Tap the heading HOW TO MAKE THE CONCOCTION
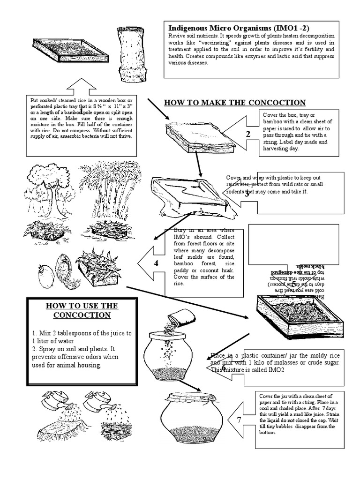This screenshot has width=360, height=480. pos(234,103)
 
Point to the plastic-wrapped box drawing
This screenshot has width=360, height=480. pos(187,197)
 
